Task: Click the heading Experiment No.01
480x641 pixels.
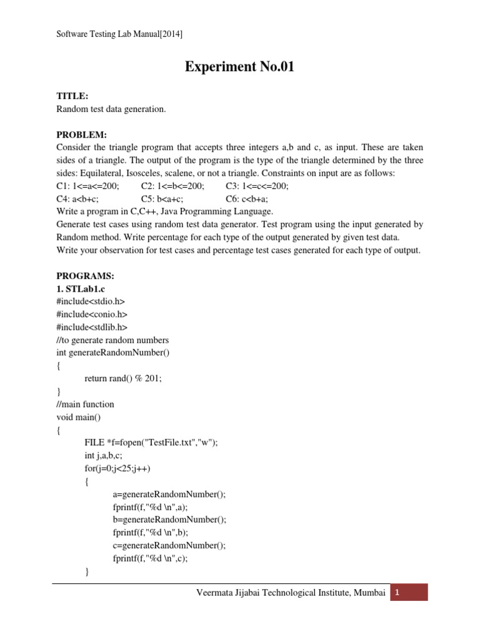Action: click(239, 68)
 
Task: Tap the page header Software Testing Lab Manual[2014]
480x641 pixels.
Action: click(119, 34)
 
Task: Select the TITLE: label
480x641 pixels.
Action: click(72, 96)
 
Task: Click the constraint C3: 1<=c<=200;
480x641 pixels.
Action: click(257, 186)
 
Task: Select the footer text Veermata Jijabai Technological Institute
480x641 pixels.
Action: click(291, 593)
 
